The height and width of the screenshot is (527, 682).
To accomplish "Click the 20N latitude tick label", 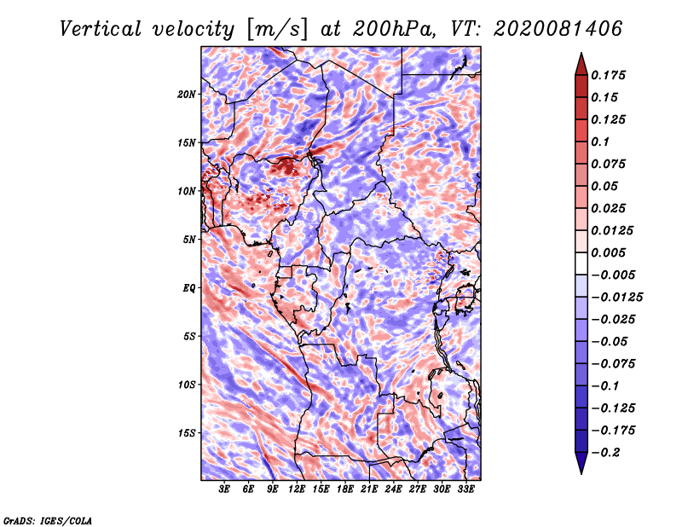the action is point(187,95).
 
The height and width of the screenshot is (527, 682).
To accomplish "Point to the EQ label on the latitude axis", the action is point(188,288).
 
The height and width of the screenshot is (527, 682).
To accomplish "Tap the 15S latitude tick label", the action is point(188,433).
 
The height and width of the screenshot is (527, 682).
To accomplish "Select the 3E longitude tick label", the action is point(224,489).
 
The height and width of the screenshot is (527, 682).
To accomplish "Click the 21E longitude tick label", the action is point(369,489).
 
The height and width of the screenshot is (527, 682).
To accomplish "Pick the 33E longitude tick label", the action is point(465,489).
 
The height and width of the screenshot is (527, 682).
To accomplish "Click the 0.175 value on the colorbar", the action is point(608,75).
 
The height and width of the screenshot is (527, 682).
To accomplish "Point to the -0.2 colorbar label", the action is point(606,453).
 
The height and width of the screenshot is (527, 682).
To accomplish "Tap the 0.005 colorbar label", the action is point(608,252).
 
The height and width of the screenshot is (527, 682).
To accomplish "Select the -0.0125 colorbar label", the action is point(616,298).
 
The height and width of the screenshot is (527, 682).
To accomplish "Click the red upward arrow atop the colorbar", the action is point(581,64).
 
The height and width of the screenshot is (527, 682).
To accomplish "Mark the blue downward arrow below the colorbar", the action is point(581,463).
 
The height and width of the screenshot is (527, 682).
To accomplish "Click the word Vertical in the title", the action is point(101,29).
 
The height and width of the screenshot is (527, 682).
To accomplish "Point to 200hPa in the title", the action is point(393,29).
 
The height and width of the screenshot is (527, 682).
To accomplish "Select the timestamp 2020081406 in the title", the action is point(558,29).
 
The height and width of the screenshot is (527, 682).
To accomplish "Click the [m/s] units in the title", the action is point(276,30).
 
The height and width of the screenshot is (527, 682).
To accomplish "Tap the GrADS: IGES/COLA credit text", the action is point(48,520).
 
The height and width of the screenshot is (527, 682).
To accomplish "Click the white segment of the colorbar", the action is point(581,263).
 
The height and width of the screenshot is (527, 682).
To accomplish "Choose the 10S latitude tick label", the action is point(188,385).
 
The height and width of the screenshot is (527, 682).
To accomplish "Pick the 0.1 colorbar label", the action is point(600,142).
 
